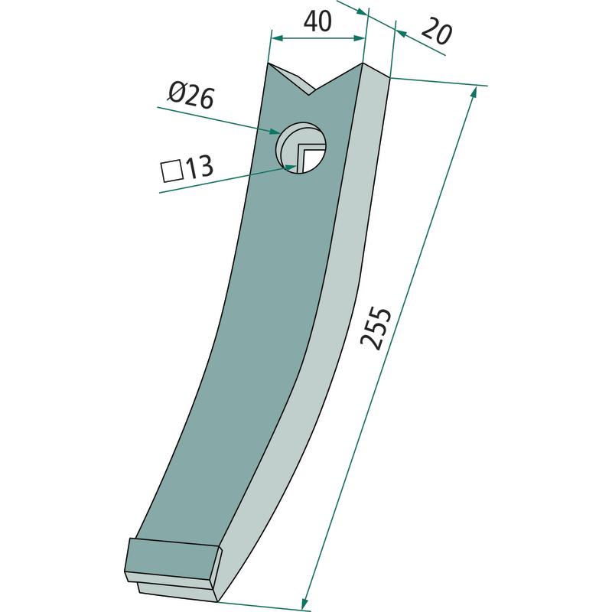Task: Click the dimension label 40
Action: tap(317, 21)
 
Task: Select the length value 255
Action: tap(376, 328)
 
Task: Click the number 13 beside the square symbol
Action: tap(200, 168)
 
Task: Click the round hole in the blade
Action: tap(301, 148)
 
